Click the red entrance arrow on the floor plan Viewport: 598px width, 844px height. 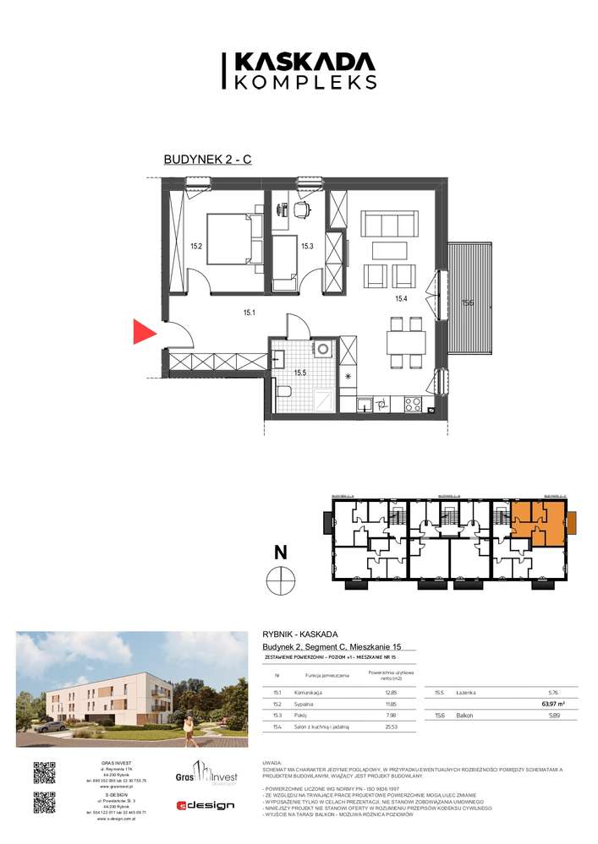tap(145, 332)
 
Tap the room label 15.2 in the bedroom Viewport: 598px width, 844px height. tap(195, 247)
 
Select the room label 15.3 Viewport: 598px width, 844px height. tap(308, 247)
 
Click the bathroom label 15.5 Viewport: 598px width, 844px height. tap(300, 373)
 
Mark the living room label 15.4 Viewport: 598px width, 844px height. tap(402, 298)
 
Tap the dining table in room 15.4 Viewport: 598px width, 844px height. tap(404, 342)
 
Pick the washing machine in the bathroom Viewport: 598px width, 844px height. tap(322, 349)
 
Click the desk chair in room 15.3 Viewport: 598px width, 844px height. tap(302, 207)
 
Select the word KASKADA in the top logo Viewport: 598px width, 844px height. tap(304, 61)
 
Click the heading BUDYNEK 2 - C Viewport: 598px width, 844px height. tap(206, 161)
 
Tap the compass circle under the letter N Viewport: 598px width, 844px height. tap(279, 581)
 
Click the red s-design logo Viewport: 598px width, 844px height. tap(204, 805)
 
